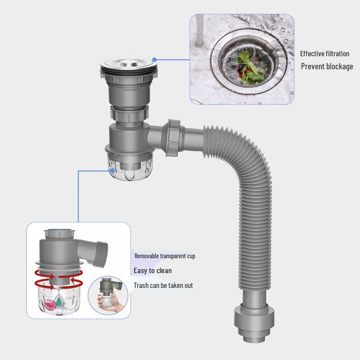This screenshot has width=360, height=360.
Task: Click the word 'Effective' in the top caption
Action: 312,54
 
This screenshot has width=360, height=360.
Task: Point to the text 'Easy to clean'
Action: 153,270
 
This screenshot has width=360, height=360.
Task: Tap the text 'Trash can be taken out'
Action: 163,285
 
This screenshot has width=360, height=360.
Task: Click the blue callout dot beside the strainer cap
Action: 154,59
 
